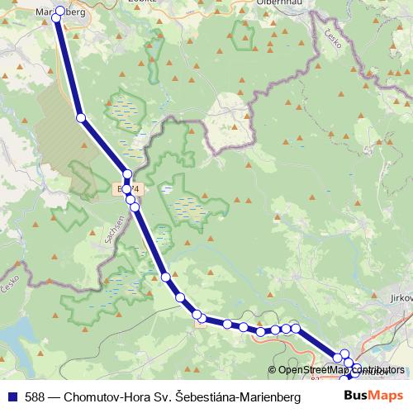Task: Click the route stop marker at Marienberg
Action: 59,12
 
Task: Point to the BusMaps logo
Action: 374,396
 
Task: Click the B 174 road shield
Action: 130,189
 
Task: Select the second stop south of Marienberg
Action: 127,174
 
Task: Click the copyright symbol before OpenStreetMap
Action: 272,370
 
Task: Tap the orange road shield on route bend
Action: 201,323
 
